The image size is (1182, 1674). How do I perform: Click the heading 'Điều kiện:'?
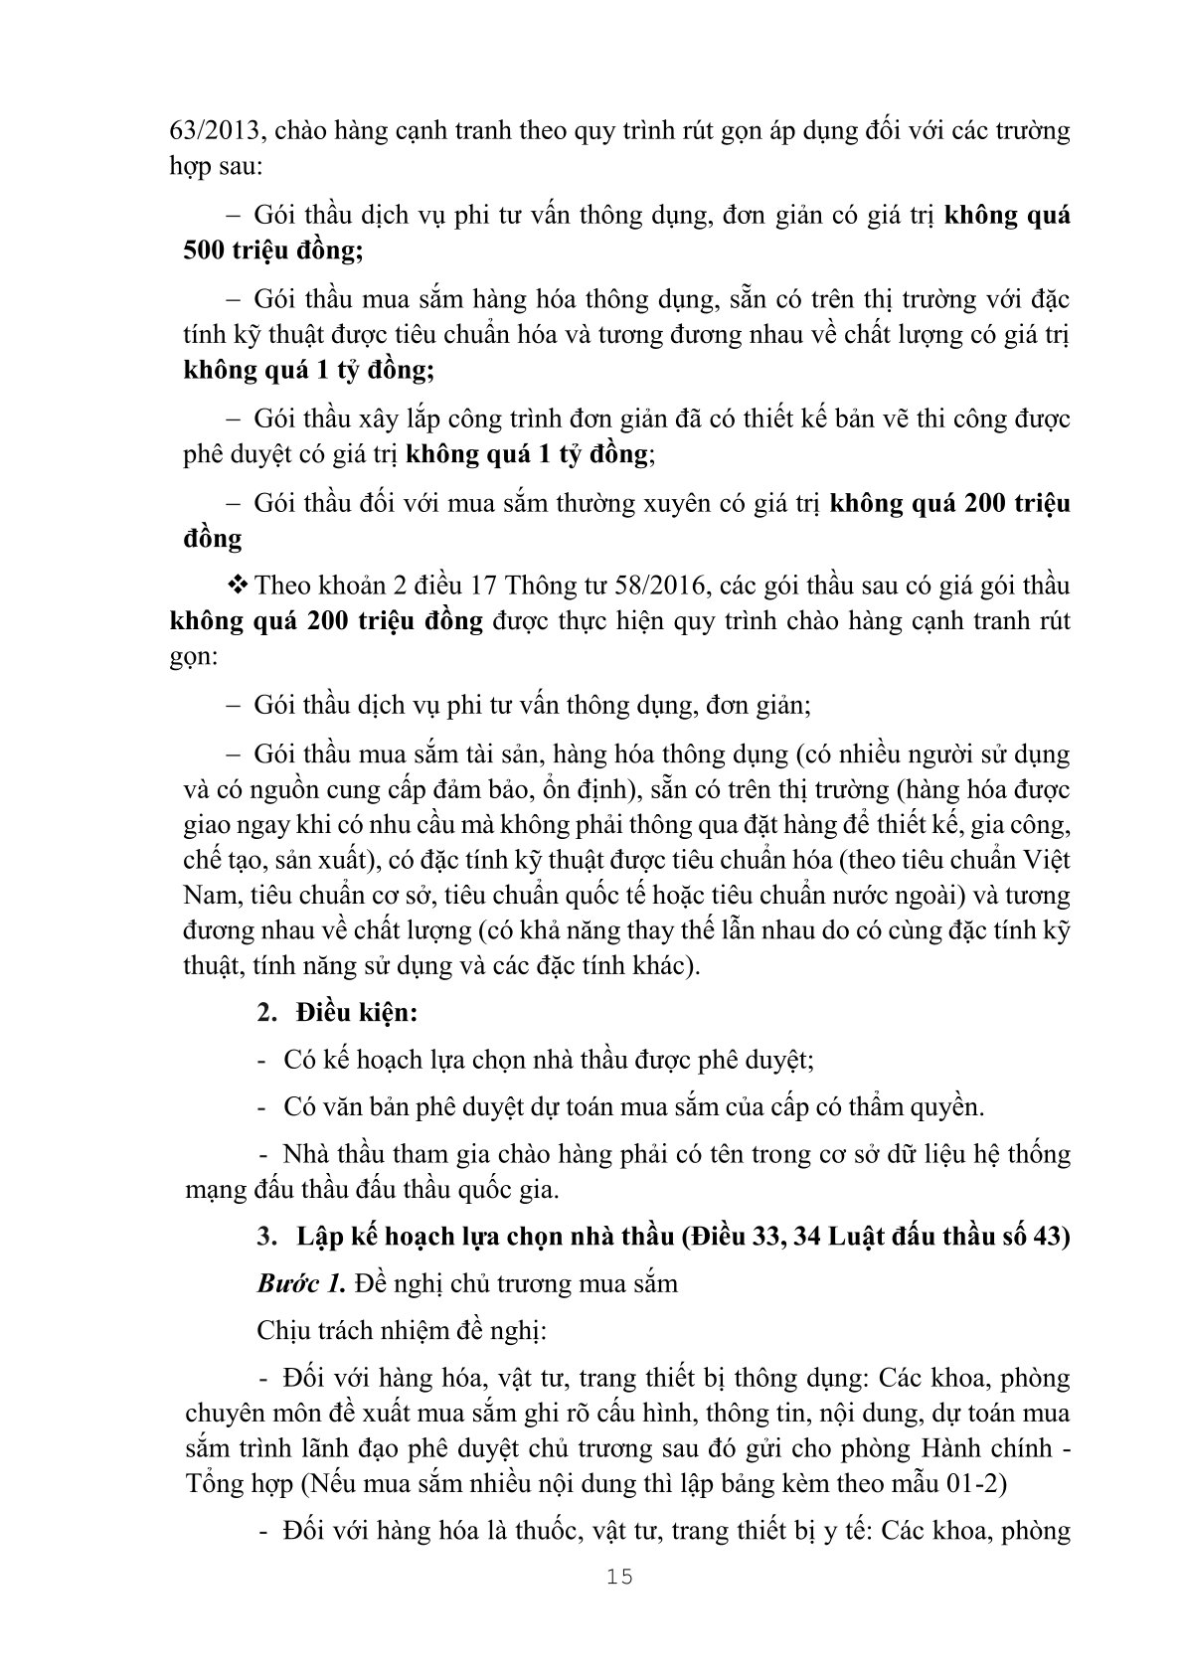355,1014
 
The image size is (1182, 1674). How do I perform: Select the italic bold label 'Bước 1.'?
301,1283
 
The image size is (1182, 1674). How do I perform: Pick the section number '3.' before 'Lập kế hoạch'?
265,1237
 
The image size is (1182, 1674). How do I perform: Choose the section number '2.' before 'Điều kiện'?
265,1014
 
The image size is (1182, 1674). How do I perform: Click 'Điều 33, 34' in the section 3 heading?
760,1237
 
